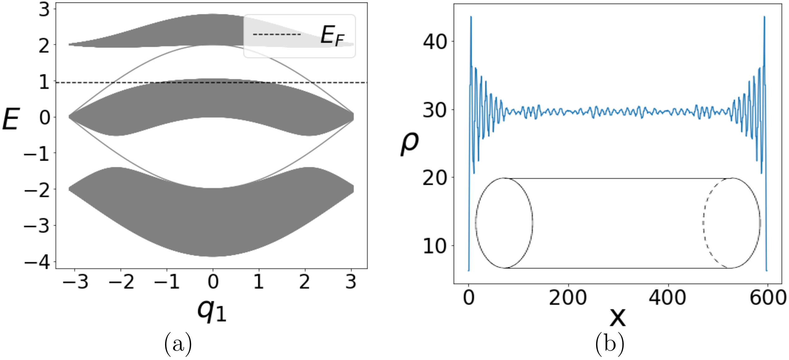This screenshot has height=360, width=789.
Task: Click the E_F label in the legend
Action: tap(332, 36)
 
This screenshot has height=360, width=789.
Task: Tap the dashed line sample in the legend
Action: tap(277, 34)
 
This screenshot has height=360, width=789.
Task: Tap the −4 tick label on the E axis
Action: tap(37, 262)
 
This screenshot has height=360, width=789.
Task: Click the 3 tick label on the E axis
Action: tap(44, 10)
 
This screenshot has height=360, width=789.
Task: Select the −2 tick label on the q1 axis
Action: tap(121, 282)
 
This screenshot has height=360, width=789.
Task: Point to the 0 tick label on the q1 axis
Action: tap(213, 282)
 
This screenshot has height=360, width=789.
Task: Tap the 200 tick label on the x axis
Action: tap(568, 298)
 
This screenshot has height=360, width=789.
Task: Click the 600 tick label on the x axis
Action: tap(768, 298)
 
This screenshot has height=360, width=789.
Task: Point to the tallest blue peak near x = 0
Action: tap(471, 17)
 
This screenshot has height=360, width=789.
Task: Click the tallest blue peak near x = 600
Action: tap(764, 17)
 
